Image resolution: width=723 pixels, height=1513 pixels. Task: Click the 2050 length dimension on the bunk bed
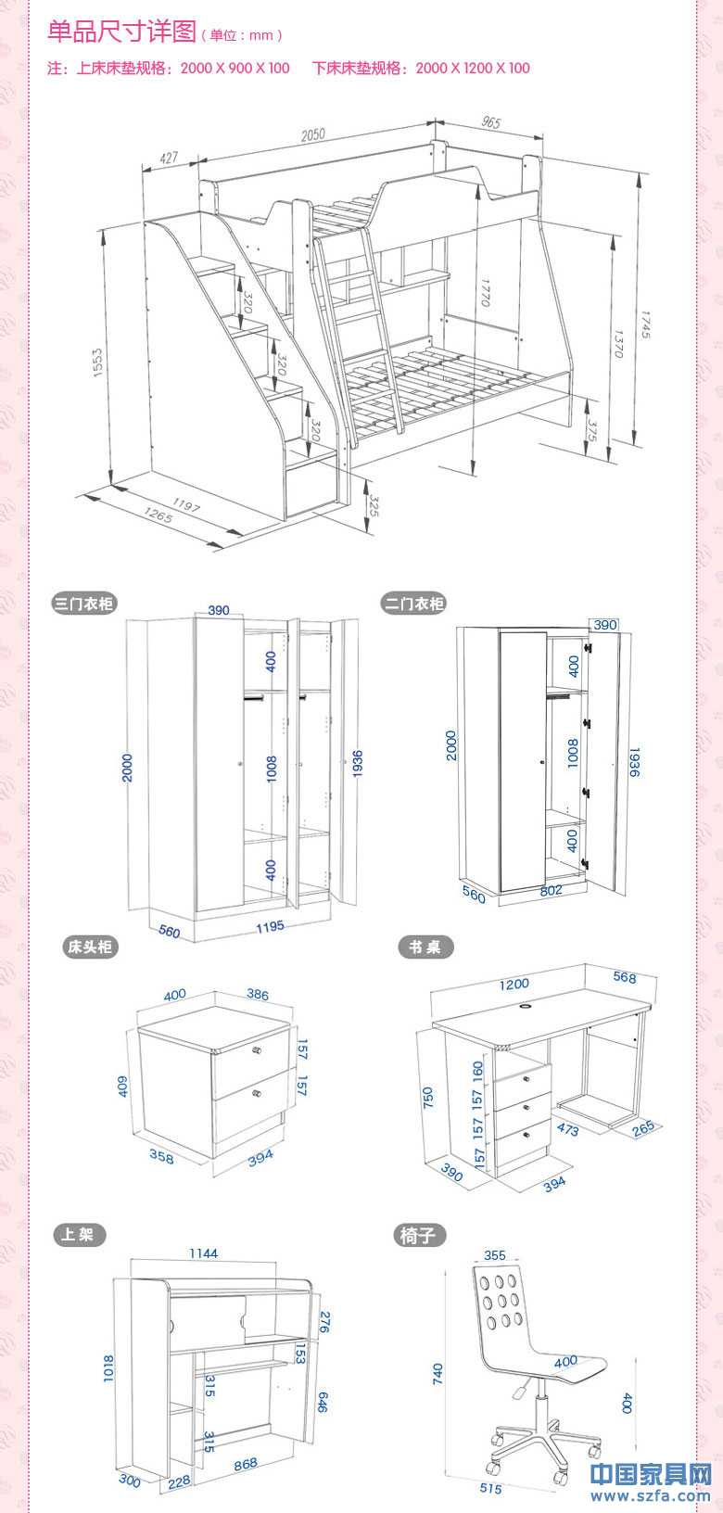312,134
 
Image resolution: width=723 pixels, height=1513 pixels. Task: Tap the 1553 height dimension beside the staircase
97,362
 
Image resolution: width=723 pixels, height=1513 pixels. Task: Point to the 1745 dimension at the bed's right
645,324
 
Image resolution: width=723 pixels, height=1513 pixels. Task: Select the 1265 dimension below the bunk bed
159,515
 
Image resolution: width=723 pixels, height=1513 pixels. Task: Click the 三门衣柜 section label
84,604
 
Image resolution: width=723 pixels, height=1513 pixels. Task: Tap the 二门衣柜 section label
414,604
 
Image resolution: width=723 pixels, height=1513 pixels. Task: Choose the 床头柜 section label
90,947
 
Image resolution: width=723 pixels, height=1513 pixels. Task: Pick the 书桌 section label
425,947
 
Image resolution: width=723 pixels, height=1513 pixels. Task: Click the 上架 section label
79,1235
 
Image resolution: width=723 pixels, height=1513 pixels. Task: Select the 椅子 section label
419,1236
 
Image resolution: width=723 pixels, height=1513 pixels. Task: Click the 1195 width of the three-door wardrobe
270,927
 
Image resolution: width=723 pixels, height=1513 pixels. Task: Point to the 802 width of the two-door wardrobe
551,890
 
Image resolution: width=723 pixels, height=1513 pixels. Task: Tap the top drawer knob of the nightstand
257,1050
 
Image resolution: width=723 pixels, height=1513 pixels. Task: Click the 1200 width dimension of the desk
514,985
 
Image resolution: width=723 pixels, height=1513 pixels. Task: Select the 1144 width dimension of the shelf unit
203,1253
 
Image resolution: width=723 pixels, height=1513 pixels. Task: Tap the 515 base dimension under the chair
490,1488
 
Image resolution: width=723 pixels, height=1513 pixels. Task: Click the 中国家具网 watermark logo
651,1473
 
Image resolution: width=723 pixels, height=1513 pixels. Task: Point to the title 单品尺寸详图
122,32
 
